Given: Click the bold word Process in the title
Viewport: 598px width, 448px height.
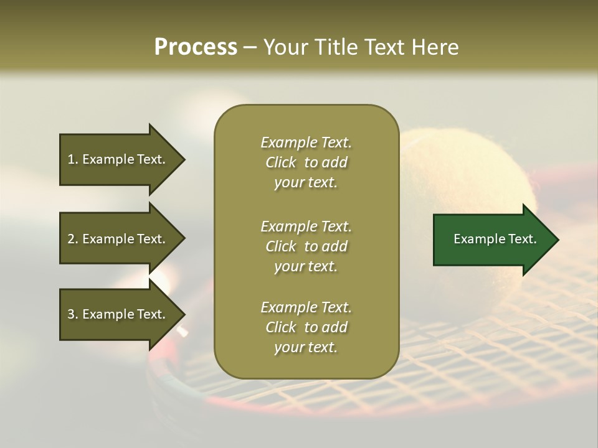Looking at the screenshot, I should tap(196, 47).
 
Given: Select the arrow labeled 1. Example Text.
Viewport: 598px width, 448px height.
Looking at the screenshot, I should tap(118, 159).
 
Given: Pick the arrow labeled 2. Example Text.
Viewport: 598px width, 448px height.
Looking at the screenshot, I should tap(118, 239).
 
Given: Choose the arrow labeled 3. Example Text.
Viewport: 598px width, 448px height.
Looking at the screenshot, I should tap(118, 314).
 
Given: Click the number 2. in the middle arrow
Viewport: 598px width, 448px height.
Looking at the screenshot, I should tap(72, 239).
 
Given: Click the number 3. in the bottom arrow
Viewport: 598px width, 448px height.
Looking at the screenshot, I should tap(72, 314).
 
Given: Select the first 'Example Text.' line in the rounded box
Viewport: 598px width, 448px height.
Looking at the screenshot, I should tap(306, 142).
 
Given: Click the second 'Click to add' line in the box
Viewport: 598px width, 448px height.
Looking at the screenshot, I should tap(306, 246).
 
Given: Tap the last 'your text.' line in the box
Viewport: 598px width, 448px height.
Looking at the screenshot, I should tap(306, 348).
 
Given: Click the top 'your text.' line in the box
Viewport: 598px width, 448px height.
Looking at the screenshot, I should tap(306, 183).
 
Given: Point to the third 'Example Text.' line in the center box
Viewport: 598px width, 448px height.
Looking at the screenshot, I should tap(306, 307).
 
